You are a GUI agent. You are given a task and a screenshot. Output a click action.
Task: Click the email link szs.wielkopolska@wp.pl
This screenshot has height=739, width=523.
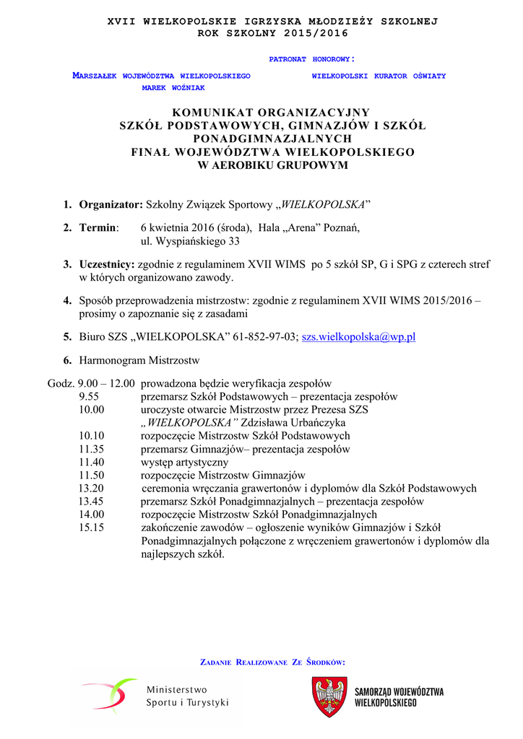coord(358,337)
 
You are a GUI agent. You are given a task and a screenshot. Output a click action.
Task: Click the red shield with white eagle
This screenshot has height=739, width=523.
coord(329,696)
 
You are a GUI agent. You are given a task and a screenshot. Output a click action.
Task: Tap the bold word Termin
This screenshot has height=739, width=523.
coord(98,228)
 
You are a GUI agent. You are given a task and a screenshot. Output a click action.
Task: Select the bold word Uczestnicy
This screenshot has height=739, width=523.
coord(107,265)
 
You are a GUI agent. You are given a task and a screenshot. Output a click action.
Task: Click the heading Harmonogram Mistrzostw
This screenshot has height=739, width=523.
coord(139,360)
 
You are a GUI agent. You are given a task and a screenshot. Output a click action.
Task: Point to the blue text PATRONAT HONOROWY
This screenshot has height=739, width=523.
coord(311,59)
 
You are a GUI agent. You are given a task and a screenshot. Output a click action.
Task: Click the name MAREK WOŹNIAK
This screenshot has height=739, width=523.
coord(173,87)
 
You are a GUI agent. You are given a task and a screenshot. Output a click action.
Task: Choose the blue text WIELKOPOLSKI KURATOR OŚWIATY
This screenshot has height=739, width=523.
coord(379,76)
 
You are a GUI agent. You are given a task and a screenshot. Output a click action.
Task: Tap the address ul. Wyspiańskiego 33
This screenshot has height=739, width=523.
coord(190,241)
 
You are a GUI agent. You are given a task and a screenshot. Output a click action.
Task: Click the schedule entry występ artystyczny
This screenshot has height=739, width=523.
coord(184,462)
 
